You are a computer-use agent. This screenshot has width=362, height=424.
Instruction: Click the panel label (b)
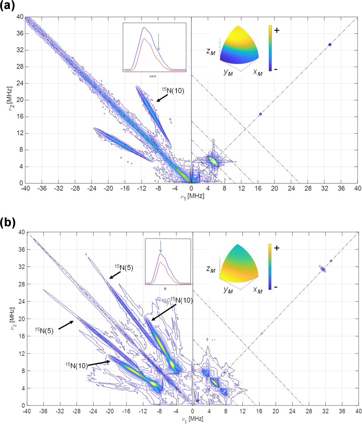(8, 223)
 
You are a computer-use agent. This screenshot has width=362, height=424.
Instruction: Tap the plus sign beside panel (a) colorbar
(277, 31)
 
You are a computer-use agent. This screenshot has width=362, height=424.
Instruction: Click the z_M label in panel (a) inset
(211, 53)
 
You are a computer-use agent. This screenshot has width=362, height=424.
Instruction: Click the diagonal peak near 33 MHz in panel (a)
(330, 45)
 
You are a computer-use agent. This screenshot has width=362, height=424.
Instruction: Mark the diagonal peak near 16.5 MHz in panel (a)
(260, 114)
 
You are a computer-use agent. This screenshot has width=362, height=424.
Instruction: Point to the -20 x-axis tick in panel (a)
(108, 188)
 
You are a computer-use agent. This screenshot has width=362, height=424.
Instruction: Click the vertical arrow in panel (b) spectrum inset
(161, 247)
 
